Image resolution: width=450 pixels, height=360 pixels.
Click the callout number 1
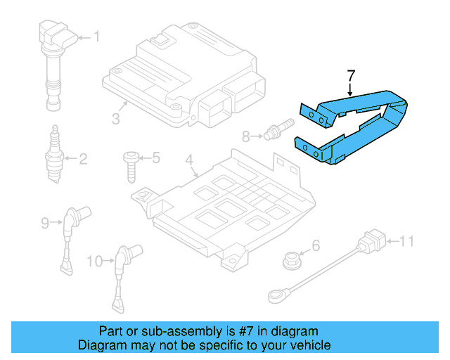tap(97, 37)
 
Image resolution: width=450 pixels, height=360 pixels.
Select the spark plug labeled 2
tap(53, 156)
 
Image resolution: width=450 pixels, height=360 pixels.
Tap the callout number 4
tap(188, 162)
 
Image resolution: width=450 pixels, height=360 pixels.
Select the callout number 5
tap(156, 157)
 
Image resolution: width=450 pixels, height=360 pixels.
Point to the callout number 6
tap(316, 245)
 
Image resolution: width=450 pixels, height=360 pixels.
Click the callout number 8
tap(245, 136)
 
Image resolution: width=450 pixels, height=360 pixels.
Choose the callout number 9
tap(45, 224)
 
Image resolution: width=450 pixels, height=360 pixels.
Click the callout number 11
tap(408, 243)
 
